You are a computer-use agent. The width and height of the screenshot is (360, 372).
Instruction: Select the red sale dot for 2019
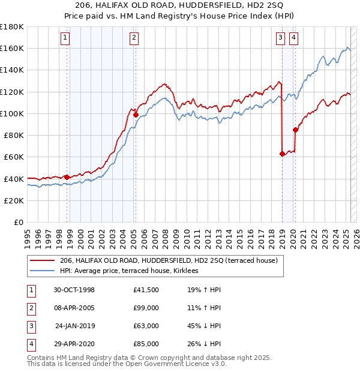[282, 154]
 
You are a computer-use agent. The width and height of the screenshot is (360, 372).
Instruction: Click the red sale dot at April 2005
[136, 115]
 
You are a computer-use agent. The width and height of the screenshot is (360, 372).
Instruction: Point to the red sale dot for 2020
[295, 130]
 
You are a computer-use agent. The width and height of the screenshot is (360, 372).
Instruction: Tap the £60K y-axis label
[14, 157]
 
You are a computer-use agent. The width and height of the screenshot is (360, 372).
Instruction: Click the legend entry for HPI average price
[133, 271]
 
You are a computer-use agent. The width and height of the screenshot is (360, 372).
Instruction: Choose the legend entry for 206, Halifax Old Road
[168, 261]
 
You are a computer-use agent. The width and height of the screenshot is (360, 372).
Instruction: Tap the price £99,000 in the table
[146, 308]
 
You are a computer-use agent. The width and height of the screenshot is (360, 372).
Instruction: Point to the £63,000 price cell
[146, 326]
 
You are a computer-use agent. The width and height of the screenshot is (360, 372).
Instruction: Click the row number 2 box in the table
[30, 308]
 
